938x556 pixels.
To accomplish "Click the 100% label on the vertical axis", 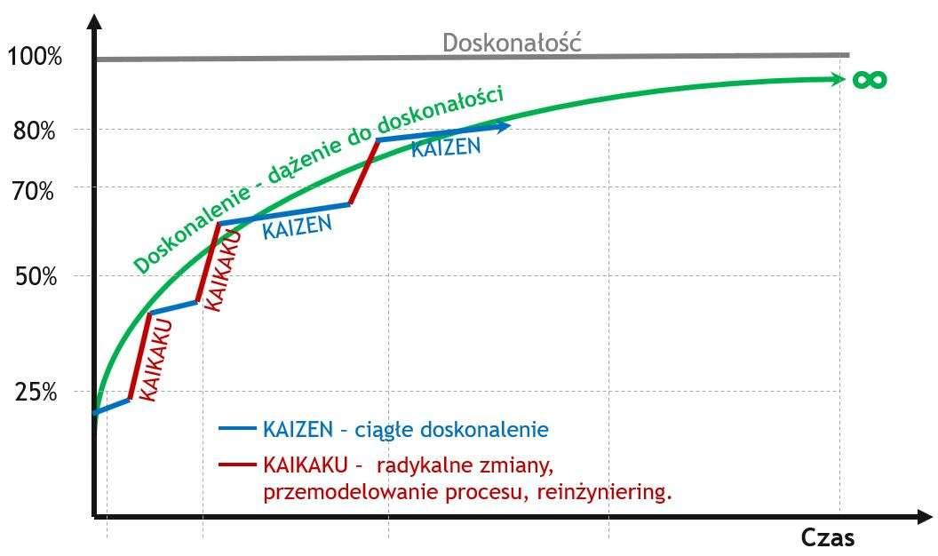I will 35,58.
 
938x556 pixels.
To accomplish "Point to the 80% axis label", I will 35,131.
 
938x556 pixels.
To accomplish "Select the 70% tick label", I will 35,189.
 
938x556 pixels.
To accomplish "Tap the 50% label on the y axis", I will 35,276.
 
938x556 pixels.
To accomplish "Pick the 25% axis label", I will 35,392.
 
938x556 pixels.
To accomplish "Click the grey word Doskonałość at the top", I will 513,42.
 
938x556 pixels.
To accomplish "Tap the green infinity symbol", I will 870,80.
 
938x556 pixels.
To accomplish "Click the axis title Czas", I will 828,537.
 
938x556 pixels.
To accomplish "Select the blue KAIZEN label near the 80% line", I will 445,147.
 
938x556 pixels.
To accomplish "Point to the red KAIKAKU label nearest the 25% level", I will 155,360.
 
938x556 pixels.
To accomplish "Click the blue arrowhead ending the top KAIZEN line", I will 505,127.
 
